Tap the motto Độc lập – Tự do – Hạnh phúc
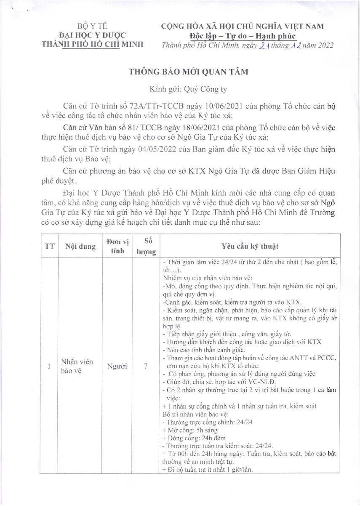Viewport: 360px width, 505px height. click(x=243, y=35)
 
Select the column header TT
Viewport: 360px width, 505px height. click(x=49, y=247)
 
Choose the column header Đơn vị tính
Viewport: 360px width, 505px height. click(x=118, y=246)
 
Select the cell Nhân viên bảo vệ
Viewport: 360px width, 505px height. click(x=77, y=366)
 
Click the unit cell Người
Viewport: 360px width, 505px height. click(x=118, y=366)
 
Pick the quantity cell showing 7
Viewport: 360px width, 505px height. click(x=146, y=366)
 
